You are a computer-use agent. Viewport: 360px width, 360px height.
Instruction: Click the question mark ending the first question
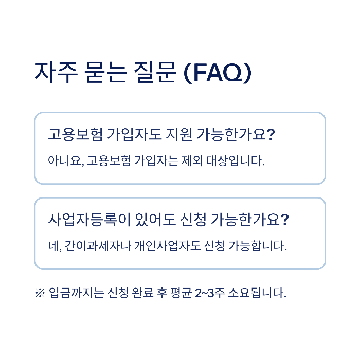pos(272,135)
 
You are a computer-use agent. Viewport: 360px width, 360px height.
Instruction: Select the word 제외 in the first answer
pos(192,160)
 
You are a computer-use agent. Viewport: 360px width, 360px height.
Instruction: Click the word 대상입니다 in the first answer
pos(236,160)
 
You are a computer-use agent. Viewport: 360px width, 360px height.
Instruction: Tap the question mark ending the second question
pos(285,220)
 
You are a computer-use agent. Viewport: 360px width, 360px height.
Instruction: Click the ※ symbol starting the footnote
pos(40,294)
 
